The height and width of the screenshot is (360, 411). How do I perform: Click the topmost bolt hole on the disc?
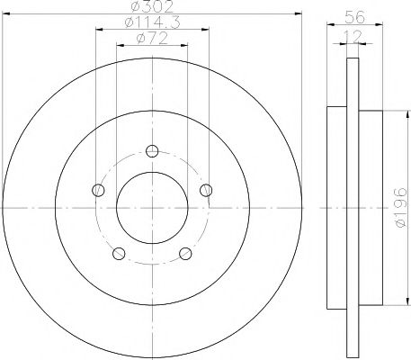click(x=152, y=150)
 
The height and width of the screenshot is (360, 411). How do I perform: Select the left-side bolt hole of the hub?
click(x=97, y=189)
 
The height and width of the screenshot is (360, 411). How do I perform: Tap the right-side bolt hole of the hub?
click(x=206, y=189)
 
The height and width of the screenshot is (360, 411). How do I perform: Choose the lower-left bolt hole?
click(x=118, y=253)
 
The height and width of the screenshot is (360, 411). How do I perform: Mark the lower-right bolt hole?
click(x=185, y=253)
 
